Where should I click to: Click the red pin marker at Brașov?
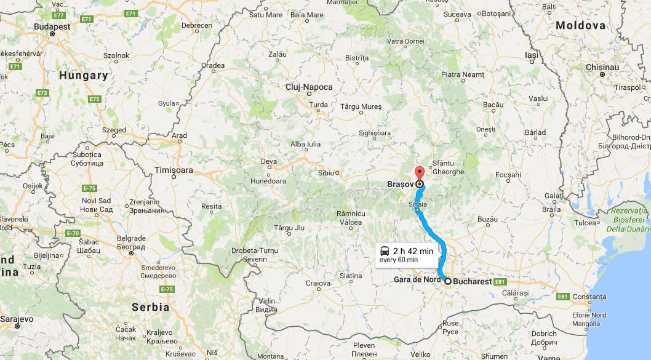point(420,173)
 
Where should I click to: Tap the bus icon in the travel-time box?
point(385,251)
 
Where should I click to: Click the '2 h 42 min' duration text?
point(413,251)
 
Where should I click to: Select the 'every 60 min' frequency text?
point(399,260)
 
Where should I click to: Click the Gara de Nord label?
point(417,281)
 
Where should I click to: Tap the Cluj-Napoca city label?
point(309,87)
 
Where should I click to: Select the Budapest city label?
point(52,27)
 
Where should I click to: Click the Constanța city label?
point(589,297)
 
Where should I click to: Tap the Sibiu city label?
point(326,173)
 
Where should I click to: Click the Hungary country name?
point(84,76)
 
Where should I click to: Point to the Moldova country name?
point(580,26)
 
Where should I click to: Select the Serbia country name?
point(151,306)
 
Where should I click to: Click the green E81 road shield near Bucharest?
point(500,282)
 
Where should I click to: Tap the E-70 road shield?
point(73,233)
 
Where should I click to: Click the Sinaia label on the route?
point(417,202)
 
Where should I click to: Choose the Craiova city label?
point(319,284)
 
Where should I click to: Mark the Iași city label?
point(531,55)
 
